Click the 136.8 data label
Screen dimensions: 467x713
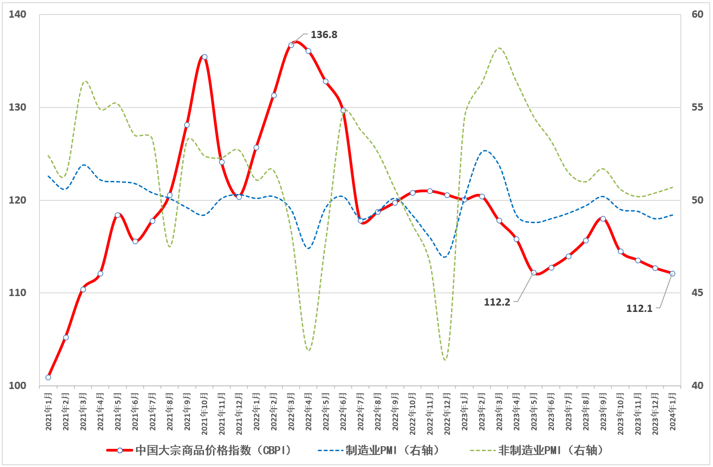324,35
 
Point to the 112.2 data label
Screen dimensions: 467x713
497,302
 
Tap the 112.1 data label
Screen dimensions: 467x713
639,309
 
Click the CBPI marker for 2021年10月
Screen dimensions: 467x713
204,57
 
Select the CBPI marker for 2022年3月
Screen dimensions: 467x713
291,45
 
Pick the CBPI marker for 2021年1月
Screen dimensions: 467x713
49,377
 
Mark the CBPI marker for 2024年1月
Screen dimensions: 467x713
672,273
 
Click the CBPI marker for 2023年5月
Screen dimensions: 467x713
534,273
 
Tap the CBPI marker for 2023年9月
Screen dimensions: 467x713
603,219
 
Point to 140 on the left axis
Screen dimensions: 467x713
17,15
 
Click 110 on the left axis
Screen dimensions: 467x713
17,293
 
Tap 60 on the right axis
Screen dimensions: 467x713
698,15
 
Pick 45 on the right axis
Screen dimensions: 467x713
698,293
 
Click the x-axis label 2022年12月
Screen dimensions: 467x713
447,414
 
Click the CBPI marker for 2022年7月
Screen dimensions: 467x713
360,220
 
